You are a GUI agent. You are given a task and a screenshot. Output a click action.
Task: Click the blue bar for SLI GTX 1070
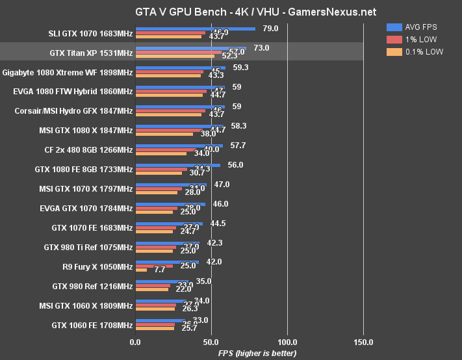point(195,29)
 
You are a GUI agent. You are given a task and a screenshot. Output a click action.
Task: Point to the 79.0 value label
point(270,28)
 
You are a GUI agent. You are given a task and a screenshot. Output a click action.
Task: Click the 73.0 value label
point(261,47)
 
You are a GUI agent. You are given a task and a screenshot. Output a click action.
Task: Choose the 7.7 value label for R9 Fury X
point(159,270)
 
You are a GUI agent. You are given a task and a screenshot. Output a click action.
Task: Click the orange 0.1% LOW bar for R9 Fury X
point(140,270)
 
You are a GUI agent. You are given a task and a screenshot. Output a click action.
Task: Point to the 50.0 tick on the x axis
point(211,342)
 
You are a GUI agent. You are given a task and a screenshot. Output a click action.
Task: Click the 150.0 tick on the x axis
point(363,342)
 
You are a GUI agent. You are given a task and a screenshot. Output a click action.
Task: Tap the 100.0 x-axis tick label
point(287,342)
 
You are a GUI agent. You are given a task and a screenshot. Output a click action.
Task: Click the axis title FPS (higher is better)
point(257,353)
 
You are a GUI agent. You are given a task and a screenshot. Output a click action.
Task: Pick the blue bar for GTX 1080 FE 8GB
point(177,165)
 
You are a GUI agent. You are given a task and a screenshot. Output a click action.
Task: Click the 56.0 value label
point(235,164)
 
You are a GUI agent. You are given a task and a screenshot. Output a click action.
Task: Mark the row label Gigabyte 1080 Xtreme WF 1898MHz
point(68,71)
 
